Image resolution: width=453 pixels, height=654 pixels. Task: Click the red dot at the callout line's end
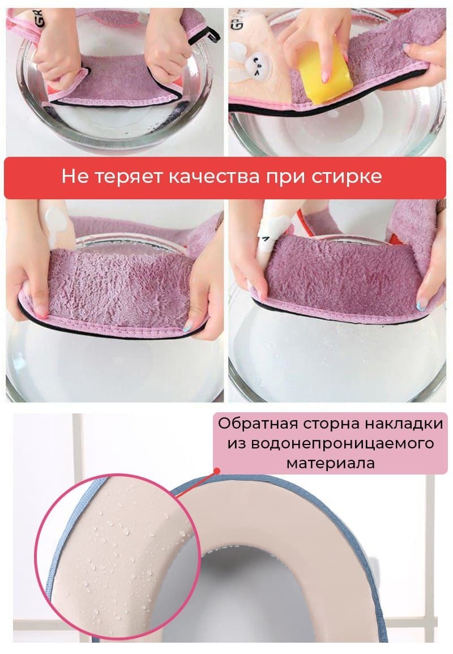217,471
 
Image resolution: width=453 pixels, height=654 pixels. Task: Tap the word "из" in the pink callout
237,443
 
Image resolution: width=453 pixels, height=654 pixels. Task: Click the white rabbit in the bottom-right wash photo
273,236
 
